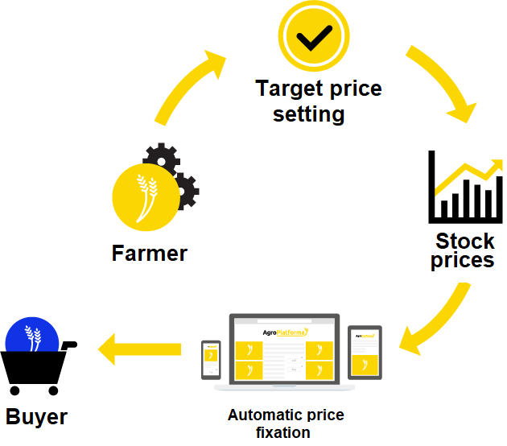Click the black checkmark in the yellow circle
point(315,38)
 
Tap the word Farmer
point(150,253)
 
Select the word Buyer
point(36,417)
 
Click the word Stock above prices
point(465,241)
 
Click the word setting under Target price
point(309,114)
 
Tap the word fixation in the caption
point(283,432)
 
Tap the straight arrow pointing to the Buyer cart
point(139,349)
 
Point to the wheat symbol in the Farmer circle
point(147,198)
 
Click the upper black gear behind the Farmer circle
point(162,159)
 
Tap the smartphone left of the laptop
point(211,360)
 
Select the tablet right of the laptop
point(365,353)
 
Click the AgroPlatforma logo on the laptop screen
point(285,332)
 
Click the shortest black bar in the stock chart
point(444,209)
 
